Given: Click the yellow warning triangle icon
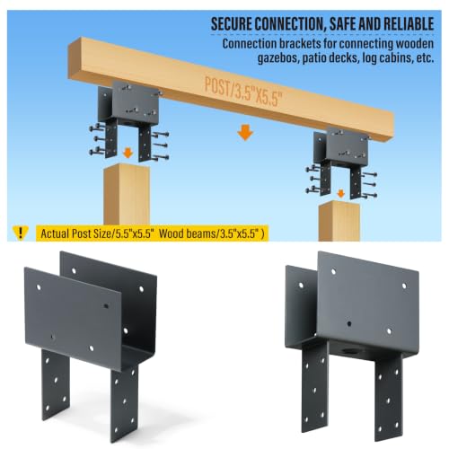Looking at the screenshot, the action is point(21,233).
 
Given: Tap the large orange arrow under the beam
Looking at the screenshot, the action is point(245,133).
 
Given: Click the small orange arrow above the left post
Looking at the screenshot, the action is point(128,154).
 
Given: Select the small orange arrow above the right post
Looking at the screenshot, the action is point(340,193).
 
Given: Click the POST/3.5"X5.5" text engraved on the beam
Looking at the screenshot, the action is point(243,92).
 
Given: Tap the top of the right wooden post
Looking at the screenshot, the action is point(339,206).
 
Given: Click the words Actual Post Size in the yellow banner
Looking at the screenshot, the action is point(75,233).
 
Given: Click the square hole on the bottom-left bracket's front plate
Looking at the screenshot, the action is point(105,306).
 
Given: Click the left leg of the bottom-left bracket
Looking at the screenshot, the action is point(56,384).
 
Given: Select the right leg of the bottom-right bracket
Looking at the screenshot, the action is point(388,398).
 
